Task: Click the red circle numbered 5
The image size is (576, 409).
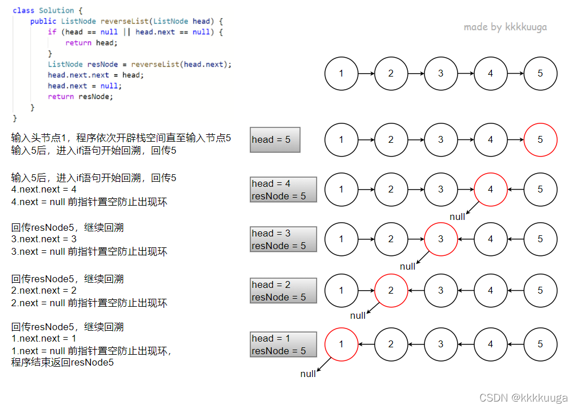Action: [x=540, y=140]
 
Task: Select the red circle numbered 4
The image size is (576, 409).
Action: [x=490, y=190]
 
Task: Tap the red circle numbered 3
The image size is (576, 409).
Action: [x=440, y=239]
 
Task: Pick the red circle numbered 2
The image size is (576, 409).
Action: [x=391, y=290]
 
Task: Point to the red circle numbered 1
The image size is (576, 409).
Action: [x=341, y=344]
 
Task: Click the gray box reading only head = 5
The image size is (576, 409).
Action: [x=275, y=140]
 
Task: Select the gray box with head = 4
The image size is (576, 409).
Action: [x=283, y=190]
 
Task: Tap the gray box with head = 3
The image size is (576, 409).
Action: [x=283, y=239]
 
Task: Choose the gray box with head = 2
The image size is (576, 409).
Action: [x=283, y=291]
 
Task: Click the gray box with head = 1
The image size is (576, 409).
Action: [x=283, y=344]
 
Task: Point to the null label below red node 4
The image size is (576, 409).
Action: [x=457, y=217]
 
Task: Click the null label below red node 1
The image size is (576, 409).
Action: [x=308, y=374]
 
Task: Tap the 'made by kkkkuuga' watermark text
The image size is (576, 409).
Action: [x=505, y=27]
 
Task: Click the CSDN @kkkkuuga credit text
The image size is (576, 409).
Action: [x=523, y=398]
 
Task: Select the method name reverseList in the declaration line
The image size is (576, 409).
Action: [x=125, y=21]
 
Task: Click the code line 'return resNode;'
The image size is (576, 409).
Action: [x=80, y=97]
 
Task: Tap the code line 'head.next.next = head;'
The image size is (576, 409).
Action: [x=96, y=75]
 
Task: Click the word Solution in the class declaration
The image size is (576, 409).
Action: [x=56, y=10]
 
